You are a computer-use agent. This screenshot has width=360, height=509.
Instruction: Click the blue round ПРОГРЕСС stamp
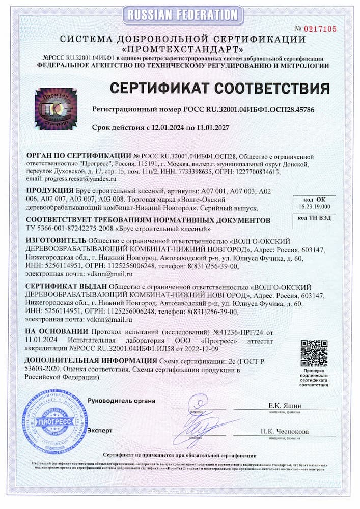[x=51, y=422]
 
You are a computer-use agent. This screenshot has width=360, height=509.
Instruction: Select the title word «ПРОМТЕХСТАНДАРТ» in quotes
[x=180, y=50]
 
